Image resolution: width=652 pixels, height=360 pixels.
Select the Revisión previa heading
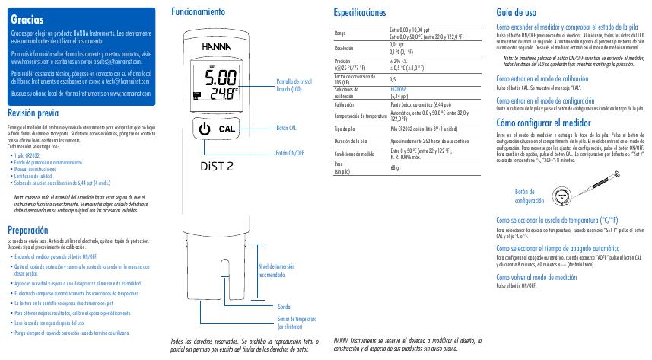click(x=33, y=113)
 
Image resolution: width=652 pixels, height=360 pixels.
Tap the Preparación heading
click(x=28, y=230)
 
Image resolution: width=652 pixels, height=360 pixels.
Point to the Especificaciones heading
click(x=360, y=13)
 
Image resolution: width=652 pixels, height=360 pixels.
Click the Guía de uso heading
click(x=516, y=13)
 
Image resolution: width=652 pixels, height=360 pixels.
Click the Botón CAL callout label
click(x=285, y=129)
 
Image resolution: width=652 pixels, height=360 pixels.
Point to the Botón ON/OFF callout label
click(x=290, y=153)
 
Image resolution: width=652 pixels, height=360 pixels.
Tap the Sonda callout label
click(x=283, y=306)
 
